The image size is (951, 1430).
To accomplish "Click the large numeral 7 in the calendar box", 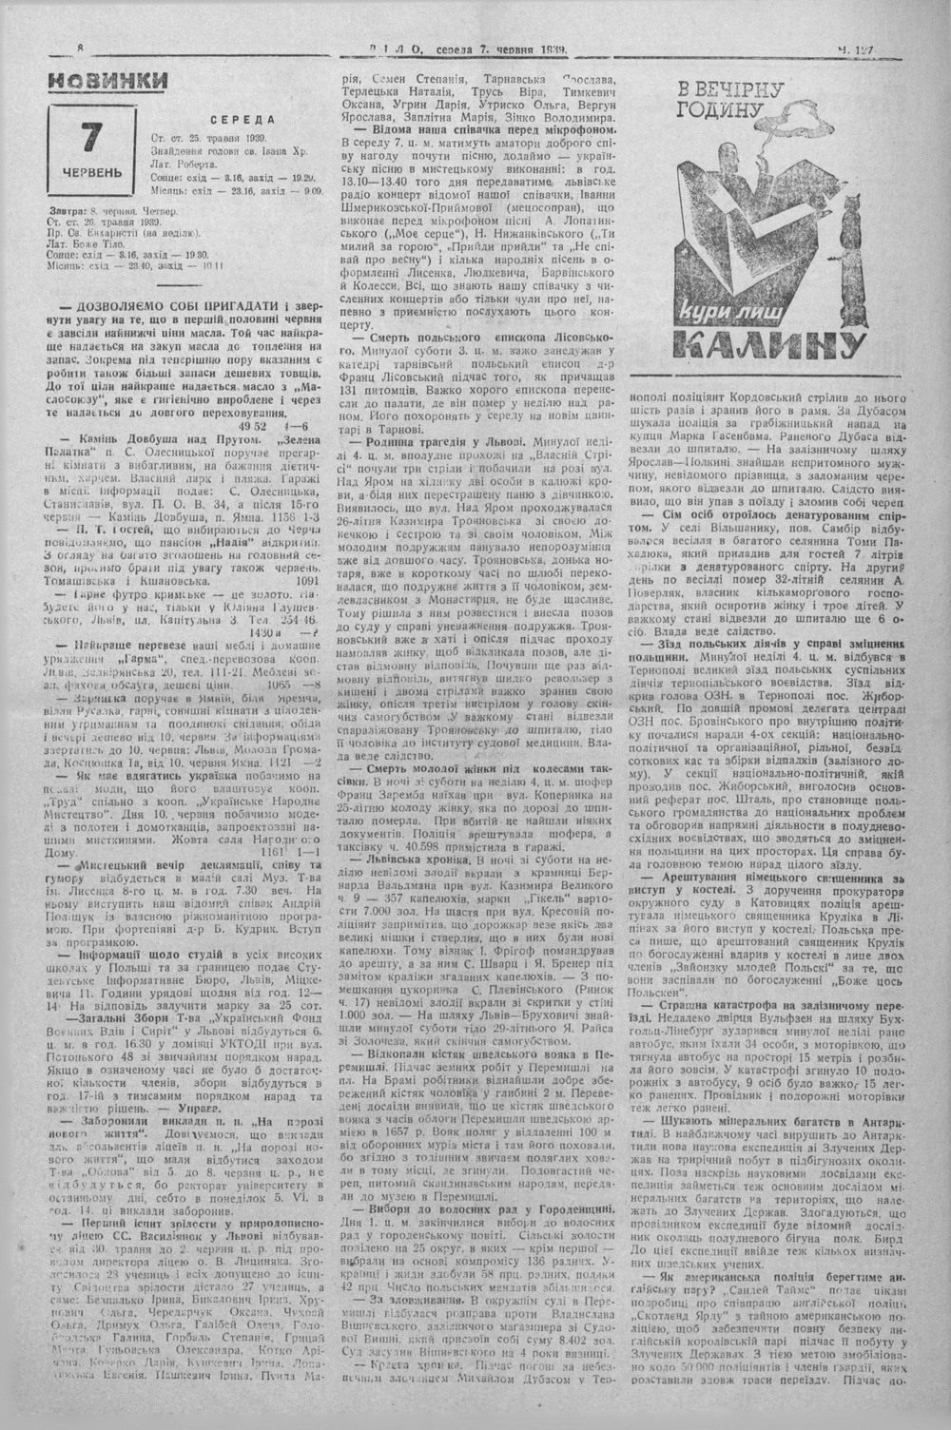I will click(x=92, y=137).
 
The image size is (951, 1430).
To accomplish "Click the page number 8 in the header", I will click(x=81, y=49).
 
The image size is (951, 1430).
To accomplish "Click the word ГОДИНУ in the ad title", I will click(x=728, y=110).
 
